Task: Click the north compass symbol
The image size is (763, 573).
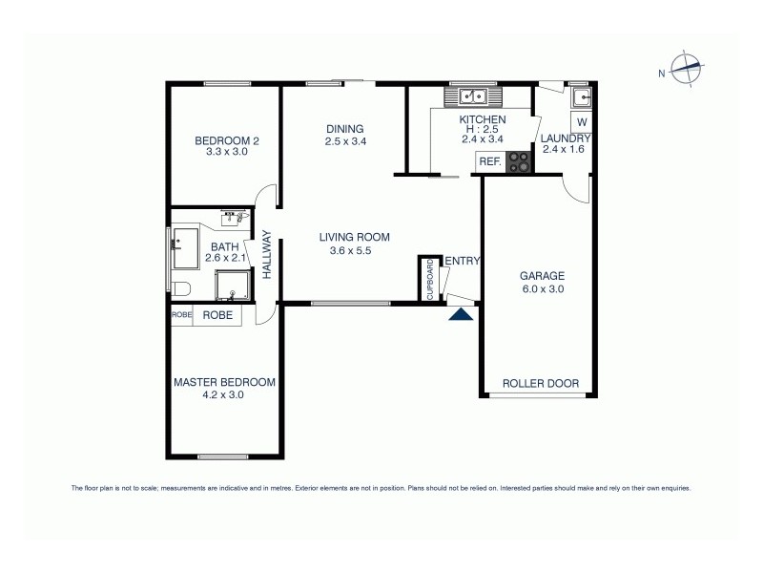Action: pos(686,67)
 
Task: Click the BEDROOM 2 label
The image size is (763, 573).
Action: pos(226,140)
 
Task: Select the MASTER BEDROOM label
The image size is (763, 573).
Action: pos(224,382)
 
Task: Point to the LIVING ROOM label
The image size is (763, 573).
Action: pos(355,238)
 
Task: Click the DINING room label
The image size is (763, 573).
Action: pos(345,130)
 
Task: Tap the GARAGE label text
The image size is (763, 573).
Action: pos(543,275)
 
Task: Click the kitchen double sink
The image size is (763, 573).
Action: pos(473,95)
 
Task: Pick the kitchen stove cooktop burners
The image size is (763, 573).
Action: pos(520,163)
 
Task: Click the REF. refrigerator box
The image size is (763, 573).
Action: pos(490,162)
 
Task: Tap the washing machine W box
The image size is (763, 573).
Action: pos(581,121)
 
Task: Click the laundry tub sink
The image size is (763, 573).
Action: pos(580,96)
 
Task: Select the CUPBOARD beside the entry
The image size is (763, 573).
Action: pos(428,279)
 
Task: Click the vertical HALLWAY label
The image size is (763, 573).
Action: pos(268,255)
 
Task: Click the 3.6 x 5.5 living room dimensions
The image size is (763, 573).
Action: pos(355,251)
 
